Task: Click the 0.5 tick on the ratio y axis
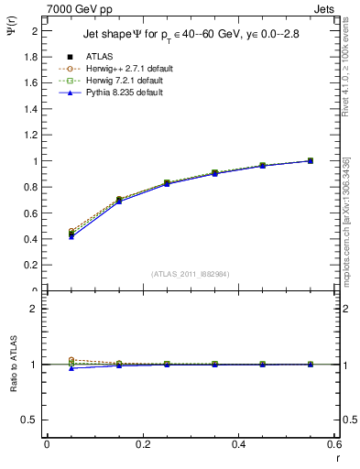point(31,420)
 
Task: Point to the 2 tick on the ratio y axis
point(35,309)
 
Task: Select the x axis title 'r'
point(337,458)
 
